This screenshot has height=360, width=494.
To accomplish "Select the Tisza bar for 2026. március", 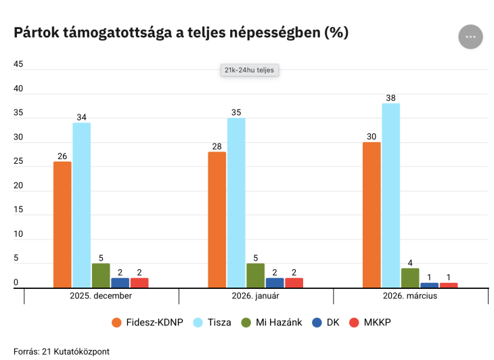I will click(x=390, y=196).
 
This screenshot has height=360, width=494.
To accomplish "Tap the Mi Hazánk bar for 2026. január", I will click(x=255, y=275).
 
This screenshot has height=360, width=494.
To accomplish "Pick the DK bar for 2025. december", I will click(x=120, y=283).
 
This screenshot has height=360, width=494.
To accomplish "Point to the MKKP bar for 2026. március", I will click(x=449, y=285).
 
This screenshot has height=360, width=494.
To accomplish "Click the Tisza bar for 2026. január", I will click(x=236, y=203).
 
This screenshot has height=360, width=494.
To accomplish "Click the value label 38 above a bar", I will click(x=390, y=97).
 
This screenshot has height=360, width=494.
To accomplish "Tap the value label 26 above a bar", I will click(x=62, y=156).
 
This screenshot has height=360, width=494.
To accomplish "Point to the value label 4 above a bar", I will click(x=410, y=263).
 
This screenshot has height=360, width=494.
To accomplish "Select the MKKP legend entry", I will click(x=370, y=323).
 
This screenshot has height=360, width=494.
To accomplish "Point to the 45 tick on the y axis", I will click(x=18, y=64).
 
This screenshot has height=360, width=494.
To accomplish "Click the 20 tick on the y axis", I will click(x=18, y=186).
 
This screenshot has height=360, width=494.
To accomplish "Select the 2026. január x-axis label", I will click(x=255, y=296).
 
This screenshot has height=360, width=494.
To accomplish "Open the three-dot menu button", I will click(x=470, y=37).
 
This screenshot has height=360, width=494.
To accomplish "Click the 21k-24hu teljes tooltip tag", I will click(x=250, y=70).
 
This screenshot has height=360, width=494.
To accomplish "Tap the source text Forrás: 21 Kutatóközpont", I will click(x=61, y=351).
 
